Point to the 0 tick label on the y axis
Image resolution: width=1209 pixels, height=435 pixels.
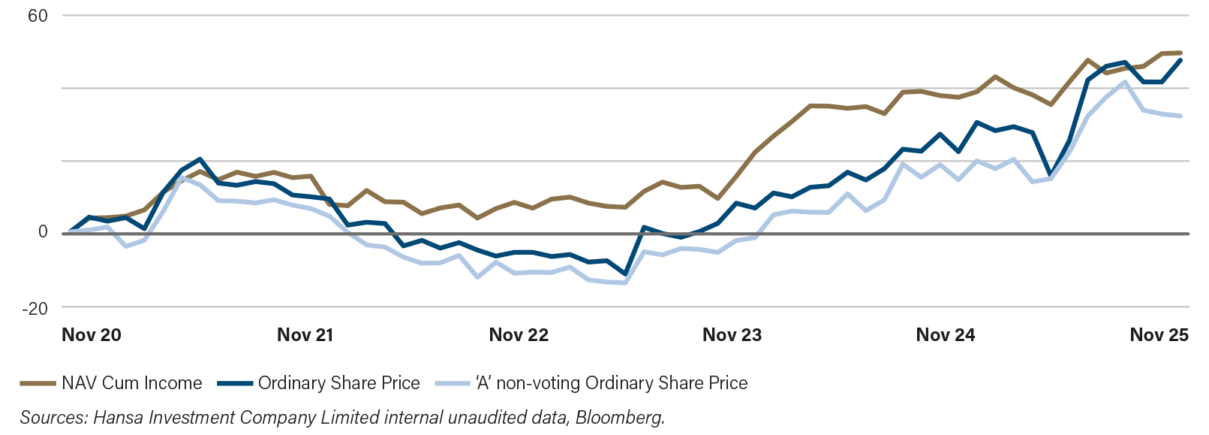[x=44, y=232]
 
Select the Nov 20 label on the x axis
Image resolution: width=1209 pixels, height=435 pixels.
[x=91, y=335]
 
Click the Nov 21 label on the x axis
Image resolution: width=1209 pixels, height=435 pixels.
[x=305, y=335]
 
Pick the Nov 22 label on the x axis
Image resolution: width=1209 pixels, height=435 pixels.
[x=519, y=335]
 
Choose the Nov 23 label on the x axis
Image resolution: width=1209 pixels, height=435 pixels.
[x=732, y=335]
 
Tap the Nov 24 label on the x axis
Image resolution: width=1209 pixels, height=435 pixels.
[x=946, y=335]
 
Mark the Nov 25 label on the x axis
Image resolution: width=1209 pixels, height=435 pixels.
[x=1159, y=335]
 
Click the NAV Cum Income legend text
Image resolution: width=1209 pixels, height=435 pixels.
[x=132, y=383]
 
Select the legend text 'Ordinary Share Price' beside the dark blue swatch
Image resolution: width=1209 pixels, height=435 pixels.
[x=338, y=383]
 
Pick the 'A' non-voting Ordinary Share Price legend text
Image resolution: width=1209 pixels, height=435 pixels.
[x=612, y=383]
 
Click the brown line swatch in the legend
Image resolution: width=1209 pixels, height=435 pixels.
[x=38, y=383]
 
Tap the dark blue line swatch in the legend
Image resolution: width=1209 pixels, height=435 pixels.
[x=236, y=383]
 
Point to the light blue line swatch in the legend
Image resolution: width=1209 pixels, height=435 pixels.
[x=453, y=383]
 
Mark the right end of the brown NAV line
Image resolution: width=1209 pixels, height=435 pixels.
[x=1181, y=53]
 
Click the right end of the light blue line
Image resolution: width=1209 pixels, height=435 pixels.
[x=1181, y=116]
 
